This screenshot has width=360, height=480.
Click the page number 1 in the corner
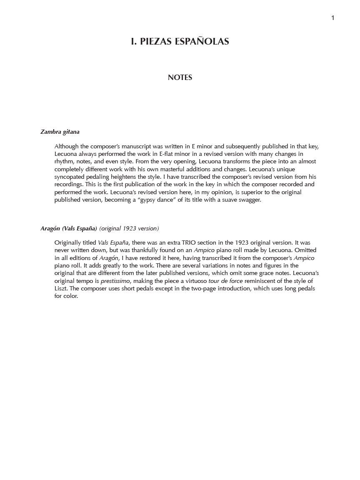[332, 17]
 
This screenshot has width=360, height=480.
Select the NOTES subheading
[180, 77]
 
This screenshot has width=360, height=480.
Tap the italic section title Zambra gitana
[60, 132]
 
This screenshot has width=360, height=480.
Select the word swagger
[248, 200]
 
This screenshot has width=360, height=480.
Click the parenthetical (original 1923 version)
[129, 228]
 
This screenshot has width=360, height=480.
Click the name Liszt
[60, 288]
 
